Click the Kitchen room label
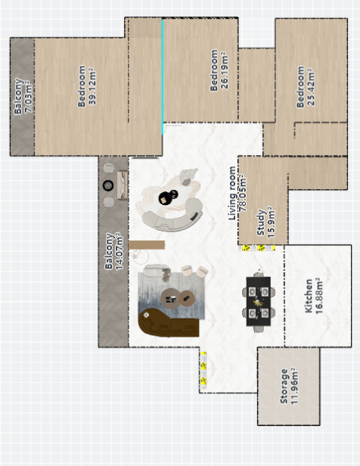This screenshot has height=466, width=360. (x=309, y=296)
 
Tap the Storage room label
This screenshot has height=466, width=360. (x=284, y=386)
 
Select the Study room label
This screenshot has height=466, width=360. (x=260, y=222)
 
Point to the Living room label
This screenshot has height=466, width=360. (x=233, y=193)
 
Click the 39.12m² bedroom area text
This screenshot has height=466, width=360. (x=92, y=86)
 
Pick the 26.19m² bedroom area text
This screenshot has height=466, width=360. (x=225, y=70)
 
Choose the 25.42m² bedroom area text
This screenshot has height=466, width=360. (x=311, y=87)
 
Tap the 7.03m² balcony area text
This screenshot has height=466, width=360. (x=29, y=97)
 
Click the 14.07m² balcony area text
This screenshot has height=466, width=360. (x=119, y=251)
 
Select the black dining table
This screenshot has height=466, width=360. (x=259, y=301)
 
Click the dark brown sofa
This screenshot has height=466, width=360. (x=166, y=323)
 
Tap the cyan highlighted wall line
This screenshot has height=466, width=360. (x=163, y=76)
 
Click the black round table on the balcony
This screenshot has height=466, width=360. (x=108, y=185)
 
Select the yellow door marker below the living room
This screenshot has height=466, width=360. (x=203, y=370)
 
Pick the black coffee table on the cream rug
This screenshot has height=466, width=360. (x=168, y=197)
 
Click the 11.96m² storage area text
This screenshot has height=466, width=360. (x=294, y=386)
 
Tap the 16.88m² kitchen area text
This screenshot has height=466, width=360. (x=318, y=296)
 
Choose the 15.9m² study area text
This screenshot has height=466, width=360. (x=272, y=222)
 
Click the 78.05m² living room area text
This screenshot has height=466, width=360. (x=243, y=193)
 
